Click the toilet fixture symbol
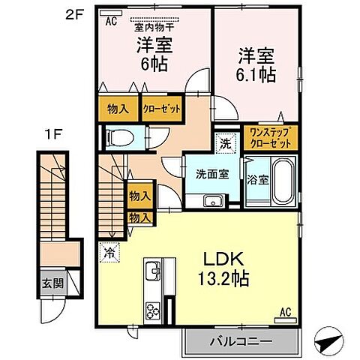click(x=119, y=138)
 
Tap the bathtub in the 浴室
click(x=283, y=181)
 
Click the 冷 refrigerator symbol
click(x=109, y=252)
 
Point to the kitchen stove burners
click(x=153, y=310)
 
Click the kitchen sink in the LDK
click(x=153, y=271)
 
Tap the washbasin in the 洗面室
click(x=213, y=201)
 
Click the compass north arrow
click(x=328, y=341)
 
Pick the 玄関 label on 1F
click(x=52, y=283)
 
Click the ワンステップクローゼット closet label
click(x=271, y=138)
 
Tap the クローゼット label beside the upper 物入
click(x=162, y=109)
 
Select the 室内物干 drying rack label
click(x=154, y=28)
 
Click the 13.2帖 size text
click(x=223, y=278)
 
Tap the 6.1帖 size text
click(x=256, y=74)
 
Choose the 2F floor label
click(x=74, y=16)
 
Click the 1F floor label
click(x=52, y=135)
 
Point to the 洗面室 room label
click(x=212, y=174)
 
